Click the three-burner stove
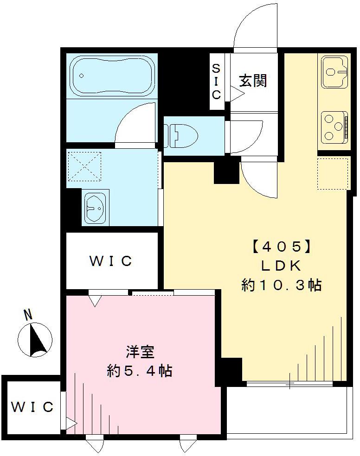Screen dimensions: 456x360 click(333, 126)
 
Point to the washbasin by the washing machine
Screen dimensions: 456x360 click(96, 207)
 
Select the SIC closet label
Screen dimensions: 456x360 click(216, 82)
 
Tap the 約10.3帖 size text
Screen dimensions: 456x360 click(281, 285)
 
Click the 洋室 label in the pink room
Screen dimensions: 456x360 click(140, 352)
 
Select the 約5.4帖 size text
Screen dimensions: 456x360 click(140, 371)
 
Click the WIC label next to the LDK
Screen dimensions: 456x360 click(111, 261)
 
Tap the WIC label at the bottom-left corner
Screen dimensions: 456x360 click(32, 407)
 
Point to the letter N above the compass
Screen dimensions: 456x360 click(28, 315)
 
